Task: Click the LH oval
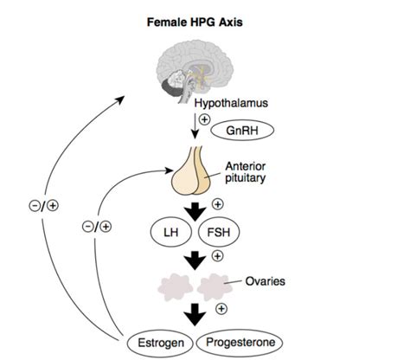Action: [x=170, y=232]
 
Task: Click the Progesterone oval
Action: [x=247, y=342]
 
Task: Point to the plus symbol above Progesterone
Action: [x=221, y=307]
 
